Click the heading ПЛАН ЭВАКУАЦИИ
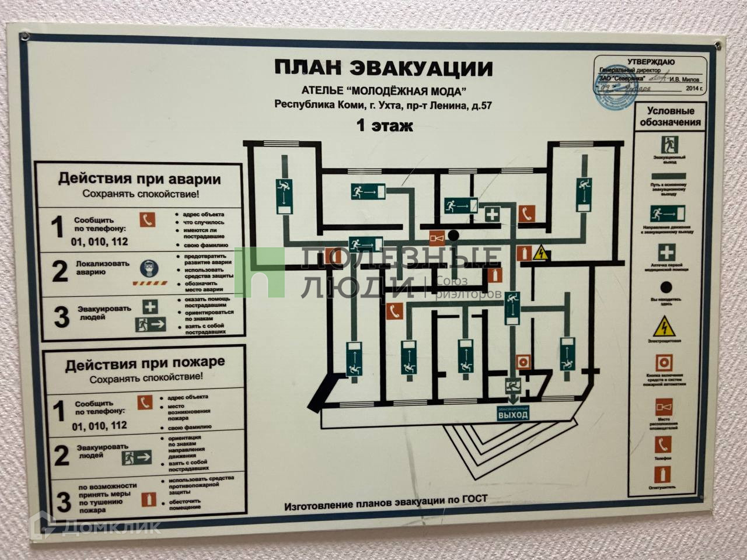coord(383,68)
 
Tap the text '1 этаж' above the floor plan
coord(385,125)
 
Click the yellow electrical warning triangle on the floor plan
coord(542,253)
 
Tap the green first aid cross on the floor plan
coord(492,214)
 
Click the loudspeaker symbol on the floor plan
coord(437,237)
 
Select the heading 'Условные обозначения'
coord(670,116)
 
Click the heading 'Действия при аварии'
coord(139,178)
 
